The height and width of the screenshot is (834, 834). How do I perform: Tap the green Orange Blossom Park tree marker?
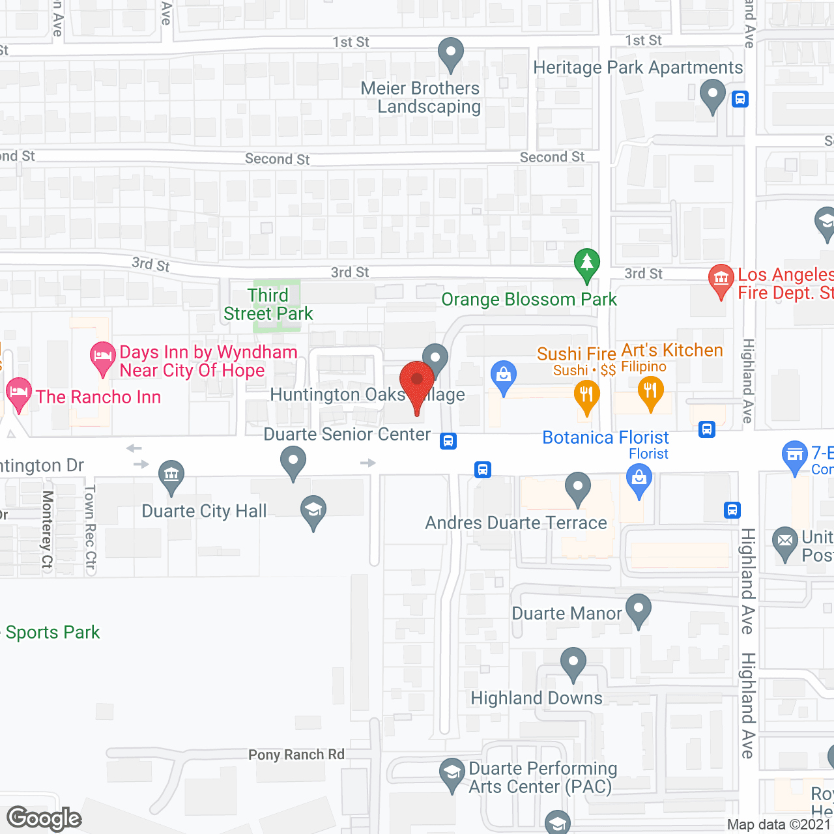[586, 264]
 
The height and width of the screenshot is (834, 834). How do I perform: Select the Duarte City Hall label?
[204, 511]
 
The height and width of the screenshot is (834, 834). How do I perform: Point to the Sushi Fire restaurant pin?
[586, 396]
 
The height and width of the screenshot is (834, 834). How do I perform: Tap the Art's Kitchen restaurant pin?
[650, 392]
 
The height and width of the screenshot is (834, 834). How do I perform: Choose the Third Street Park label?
[268, 304]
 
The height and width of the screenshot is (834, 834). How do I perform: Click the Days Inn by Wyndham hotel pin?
[102, 357]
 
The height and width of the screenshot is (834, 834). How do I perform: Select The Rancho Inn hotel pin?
[18, 393]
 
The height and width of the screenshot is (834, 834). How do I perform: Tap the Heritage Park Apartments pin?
[712, 94]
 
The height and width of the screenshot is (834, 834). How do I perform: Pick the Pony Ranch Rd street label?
[296, 755]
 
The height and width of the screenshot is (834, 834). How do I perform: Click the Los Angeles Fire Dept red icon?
[721, 280]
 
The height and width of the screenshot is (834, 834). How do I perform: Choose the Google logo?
[44, 818]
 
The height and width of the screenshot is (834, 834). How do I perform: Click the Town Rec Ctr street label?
[91, 528]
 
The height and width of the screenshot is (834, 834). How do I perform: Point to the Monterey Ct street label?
[48, 530]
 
